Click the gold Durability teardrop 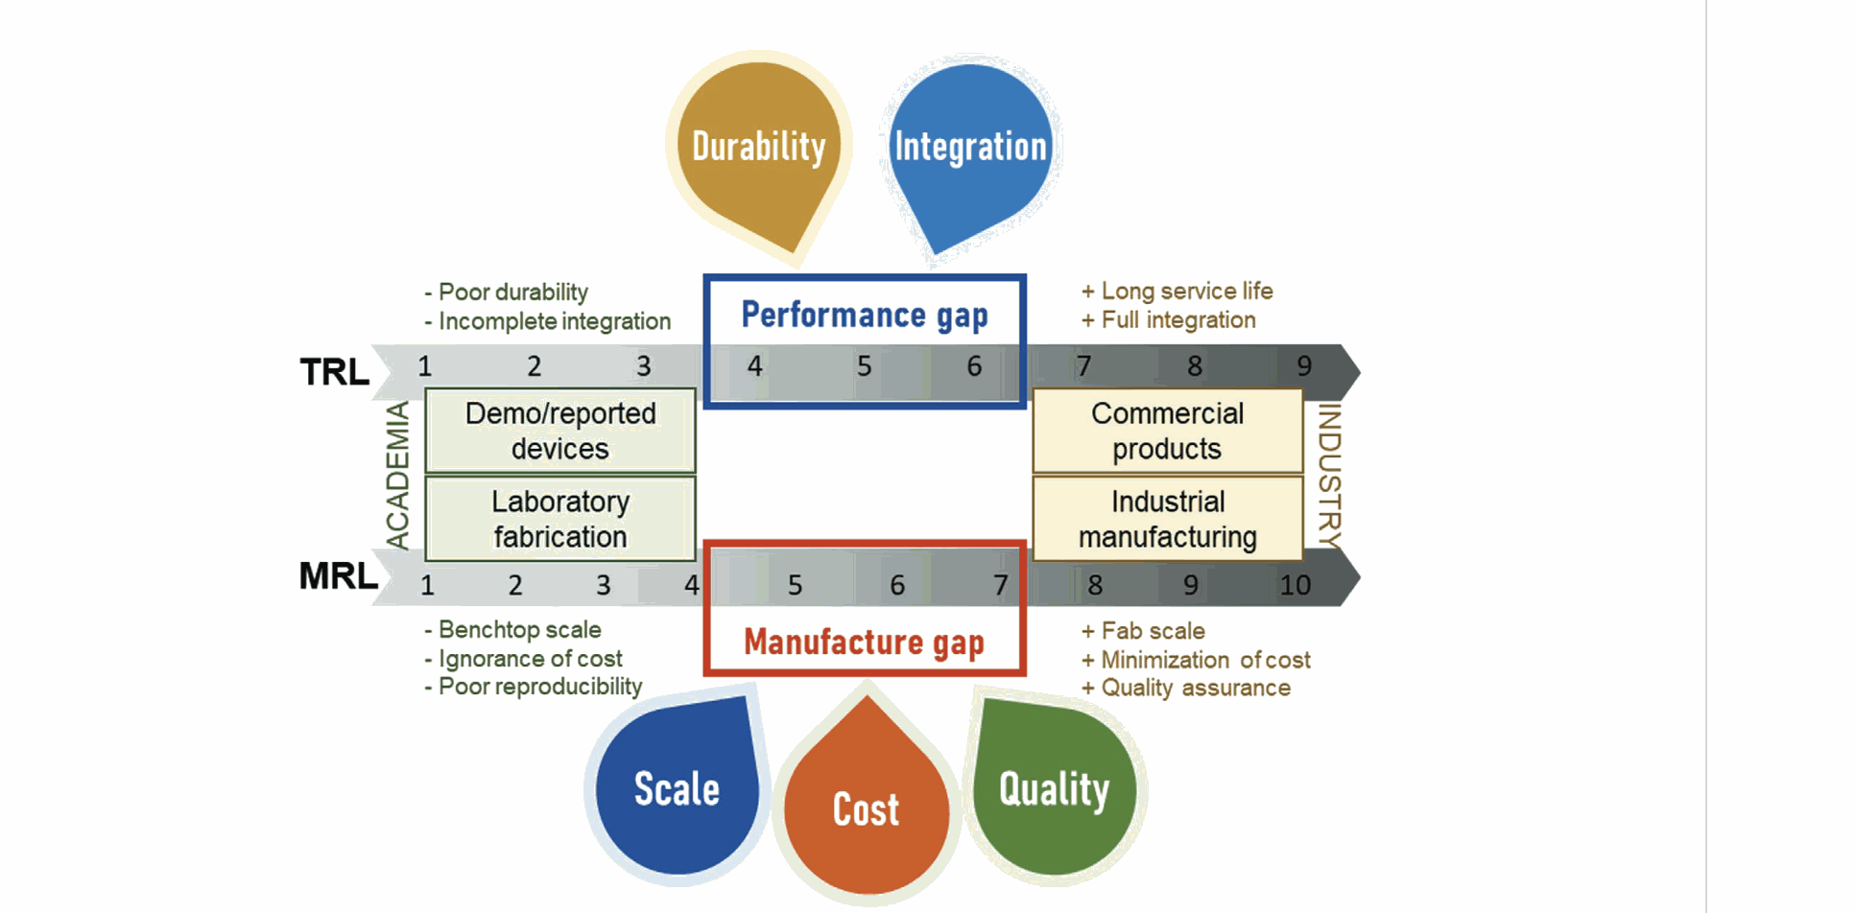(757, 149)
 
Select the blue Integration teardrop (969, 149)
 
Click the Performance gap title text (864, 315)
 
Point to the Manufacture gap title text (864, 642)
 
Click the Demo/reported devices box (560, 431)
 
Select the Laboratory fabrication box (560, 519)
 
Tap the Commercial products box (1167, 431)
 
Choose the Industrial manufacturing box (1167, 519)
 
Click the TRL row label (334, 372)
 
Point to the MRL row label (338, 576)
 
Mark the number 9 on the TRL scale (1304, 366)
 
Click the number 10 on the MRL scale (1295, 585)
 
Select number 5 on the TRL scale (865, 366)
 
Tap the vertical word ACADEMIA (397, 476)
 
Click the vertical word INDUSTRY (1329, 476)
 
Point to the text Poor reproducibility (539, 687)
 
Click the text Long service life (1186, 291)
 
